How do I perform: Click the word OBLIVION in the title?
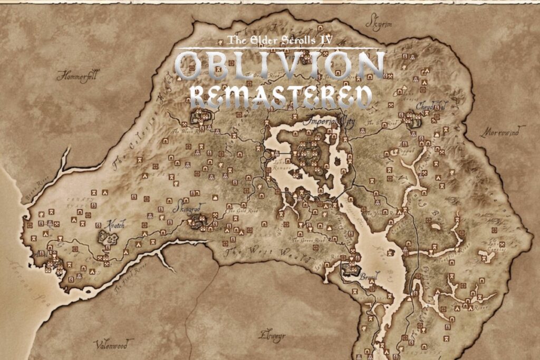tap(280, 66)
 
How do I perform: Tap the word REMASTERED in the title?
tap(280, 97)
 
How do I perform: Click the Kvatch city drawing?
tap(108, 238)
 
